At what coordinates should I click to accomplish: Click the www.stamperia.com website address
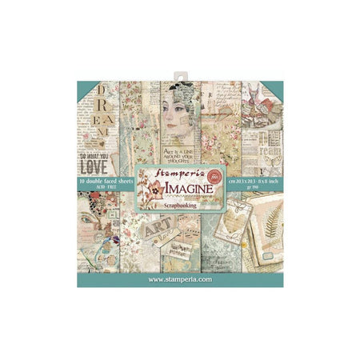point(180,281)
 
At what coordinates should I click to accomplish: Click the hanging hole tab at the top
point(180,70)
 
